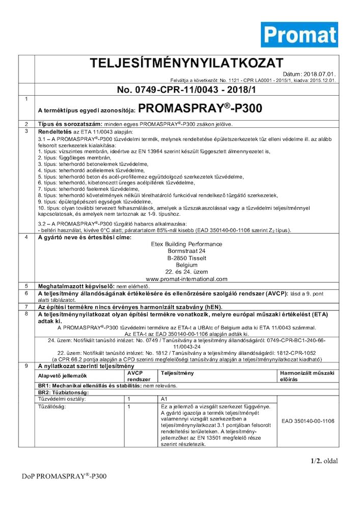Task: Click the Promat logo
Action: tap(299, 35)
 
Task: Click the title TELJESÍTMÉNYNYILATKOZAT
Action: tap(186, 63)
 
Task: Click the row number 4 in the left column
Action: tap(26, 238)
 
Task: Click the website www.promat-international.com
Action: tap(186, 278)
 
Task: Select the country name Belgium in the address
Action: tap(186, 265)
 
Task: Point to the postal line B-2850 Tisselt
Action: tap(186, 258)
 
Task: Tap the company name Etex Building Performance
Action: tap(186, 244)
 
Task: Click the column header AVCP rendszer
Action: tap(139, 376)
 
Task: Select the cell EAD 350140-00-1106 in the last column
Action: tap(308, 421)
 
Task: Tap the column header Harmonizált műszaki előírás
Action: tap(307, 376)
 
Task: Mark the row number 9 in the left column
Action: tap(26, 365)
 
